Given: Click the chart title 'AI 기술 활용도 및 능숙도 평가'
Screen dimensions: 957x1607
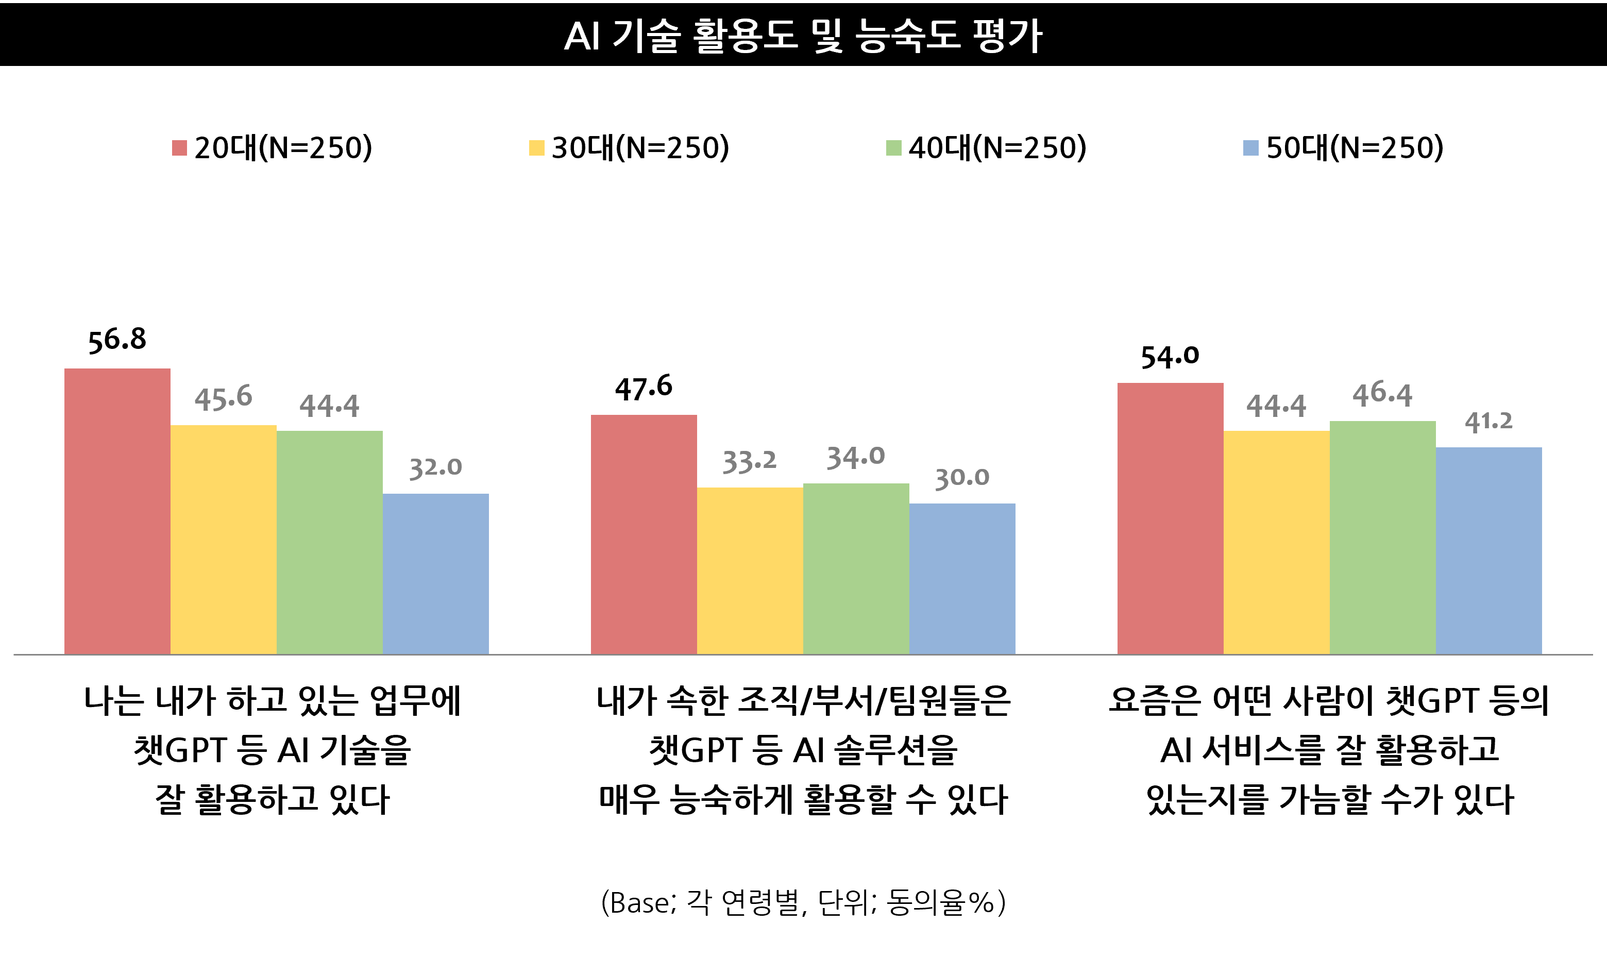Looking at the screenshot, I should click(x=803, y=36).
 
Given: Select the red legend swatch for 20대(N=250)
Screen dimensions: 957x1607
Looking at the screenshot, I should click(x=179, y=148).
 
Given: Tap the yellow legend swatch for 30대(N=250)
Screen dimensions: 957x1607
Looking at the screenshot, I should click(x=536, y=148).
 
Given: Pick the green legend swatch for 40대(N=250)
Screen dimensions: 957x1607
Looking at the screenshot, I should click(x=893, y=148).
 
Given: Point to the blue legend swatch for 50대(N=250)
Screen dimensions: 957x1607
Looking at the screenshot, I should click(x=1250, y=148).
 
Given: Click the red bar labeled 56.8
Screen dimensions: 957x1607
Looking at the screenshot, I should click(x=117, y=511).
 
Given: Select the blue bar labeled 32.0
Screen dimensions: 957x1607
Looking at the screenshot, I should click(x=436, y=574).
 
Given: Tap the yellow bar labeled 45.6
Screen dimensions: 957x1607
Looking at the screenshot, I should click(x=224, y=539).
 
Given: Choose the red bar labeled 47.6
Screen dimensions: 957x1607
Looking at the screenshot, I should click(x=644, y=534).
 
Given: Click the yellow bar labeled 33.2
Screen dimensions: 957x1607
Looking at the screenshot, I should click(x=750, y=570).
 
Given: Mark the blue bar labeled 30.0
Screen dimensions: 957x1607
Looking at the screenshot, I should click(x=962, y=578).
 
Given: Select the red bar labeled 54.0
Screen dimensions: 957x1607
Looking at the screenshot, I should click(x=1170, y=518).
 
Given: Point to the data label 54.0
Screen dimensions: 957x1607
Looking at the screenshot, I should click(x=1170, y=357).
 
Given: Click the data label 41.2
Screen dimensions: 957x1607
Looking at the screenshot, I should click(x=1488, y=422).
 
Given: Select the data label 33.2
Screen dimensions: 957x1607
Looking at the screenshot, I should click(x=750, y=462).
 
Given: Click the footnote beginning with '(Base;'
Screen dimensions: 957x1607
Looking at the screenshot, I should click(x=803, y=903).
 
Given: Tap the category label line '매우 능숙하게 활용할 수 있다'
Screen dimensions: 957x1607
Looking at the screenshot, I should click(x=803, y=800).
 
